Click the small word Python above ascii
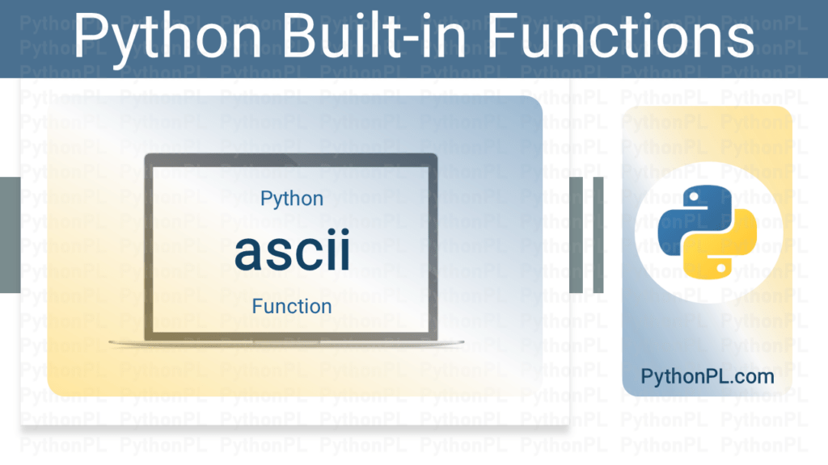292,199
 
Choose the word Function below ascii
292,307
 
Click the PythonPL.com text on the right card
707,376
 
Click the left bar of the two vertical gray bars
577,235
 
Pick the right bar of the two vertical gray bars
598,235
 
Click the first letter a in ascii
250,253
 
